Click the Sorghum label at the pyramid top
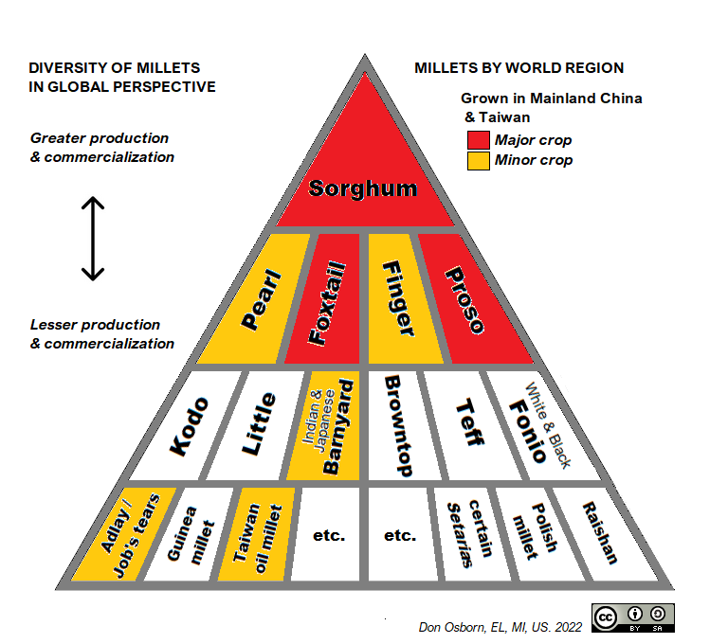tap(363, 187)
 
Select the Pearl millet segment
tap(253, 300)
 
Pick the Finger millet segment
tap(398, 300)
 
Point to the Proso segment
tap(465, 300)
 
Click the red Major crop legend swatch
tap(477, 140)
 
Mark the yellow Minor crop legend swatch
tap(477, 159)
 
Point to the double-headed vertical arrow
tap(92, 239)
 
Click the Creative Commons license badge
tap(632, 617)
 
